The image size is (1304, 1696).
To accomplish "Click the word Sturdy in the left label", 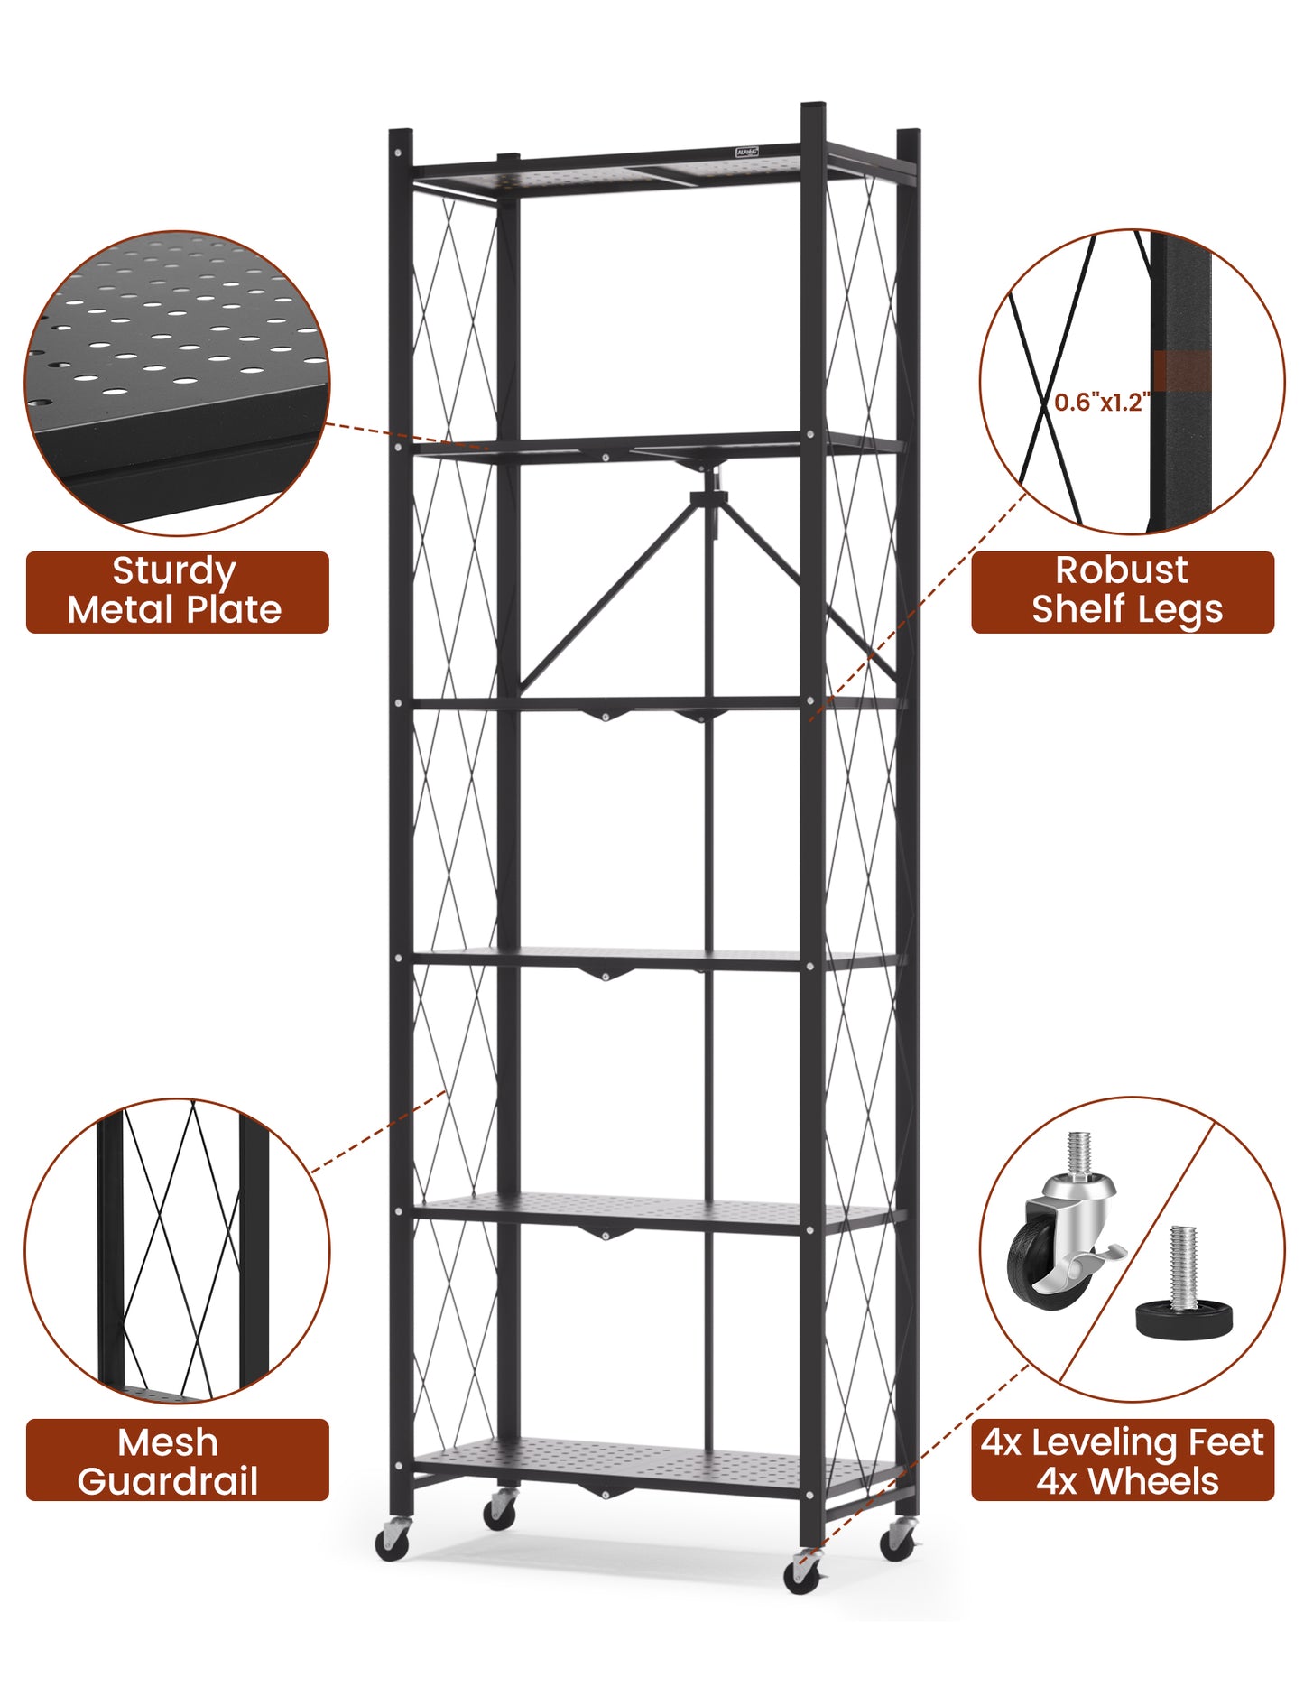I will (174, 571).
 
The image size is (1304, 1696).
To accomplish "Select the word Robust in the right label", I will (1121, 570).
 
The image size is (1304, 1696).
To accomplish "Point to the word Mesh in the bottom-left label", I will (168, 1442).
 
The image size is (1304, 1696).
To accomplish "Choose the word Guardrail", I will (168, 1482).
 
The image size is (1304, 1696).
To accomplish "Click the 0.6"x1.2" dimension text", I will (1100, 402).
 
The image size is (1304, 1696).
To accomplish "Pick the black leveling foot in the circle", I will (1182, 1317).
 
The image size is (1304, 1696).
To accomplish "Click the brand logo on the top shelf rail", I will (746, 153).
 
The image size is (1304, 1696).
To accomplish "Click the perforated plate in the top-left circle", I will (180, 343).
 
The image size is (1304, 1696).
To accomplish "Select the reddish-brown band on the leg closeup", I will (1181, 372).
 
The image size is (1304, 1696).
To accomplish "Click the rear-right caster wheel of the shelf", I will (897, 1540).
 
